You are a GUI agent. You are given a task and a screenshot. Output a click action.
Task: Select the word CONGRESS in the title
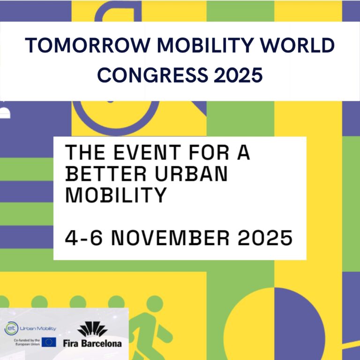152,75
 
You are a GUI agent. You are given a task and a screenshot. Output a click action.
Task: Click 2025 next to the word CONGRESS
238,75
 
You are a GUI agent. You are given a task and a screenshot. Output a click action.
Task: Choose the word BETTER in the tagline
106,173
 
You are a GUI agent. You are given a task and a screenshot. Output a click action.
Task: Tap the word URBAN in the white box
191,173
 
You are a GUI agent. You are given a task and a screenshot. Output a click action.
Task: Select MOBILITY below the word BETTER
116,195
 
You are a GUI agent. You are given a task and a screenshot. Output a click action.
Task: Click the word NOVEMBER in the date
170,238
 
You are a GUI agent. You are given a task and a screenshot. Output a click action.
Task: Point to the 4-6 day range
83,238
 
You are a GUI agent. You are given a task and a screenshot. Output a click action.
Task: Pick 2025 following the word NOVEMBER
265,238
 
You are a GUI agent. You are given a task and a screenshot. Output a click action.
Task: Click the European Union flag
49,342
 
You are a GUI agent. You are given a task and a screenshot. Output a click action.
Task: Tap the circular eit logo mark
11,328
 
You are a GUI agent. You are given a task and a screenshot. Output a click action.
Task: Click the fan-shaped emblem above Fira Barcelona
92,329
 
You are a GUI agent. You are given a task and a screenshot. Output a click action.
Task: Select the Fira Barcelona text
92,343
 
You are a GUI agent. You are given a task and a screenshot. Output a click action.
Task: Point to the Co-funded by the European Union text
27,342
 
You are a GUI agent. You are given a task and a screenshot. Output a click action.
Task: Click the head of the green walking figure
155,304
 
